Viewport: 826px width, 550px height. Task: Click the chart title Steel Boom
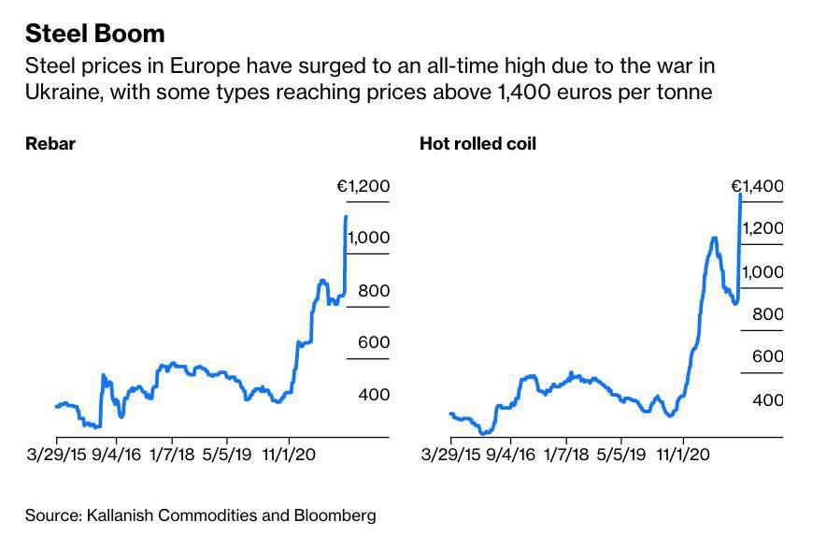click(94, 34)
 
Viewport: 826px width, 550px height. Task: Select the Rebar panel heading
click(50, 144)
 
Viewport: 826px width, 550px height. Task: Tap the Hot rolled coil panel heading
click(477, 144)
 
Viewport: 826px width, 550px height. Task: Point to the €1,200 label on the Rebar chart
click(363, 186)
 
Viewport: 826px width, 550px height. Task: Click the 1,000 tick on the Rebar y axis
click(369, 239)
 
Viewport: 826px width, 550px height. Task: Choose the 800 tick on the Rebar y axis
click(374, 291)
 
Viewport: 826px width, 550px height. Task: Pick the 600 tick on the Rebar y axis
click(374, 342)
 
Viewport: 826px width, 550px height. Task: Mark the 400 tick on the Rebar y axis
click(374, 395)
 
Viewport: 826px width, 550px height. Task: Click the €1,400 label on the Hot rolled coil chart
click(757, 186)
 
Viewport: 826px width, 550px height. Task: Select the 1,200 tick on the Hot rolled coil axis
click(762, 228)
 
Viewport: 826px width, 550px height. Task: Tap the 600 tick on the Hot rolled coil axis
click(768, 356)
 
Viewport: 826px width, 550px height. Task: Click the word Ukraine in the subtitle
click(58, 93)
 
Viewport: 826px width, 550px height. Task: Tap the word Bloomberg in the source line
click(331, 514)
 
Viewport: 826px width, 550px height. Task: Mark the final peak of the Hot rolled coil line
click(740, 194)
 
